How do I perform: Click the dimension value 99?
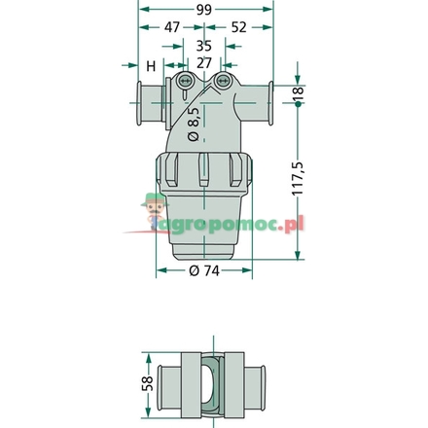click(x=203, y=11)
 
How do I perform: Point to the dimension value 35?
click(x=203, y=45)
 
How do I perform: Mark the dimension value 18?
click(x=299, y=95)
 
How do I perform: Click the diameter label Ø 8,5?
click(x=194, y=125)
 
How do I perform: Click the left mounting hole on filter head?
click(x=183, y=79)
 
